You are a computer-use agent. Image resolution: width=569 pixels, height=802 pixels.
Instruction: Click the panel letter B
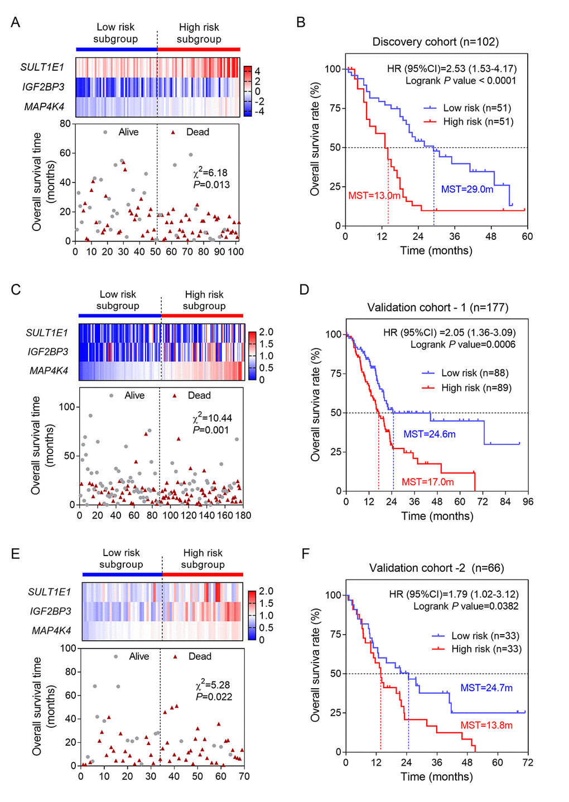pyautogui.click(x=301, y=22)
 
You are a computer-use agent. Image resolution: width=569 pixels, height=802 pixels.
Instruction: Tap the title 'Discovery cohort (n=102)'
pyautogui.click(x=436, y=42)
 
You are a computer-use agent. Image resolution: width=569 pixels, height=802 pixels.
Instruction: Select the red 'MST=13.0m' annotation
pyautogui.click(x=374, y=196)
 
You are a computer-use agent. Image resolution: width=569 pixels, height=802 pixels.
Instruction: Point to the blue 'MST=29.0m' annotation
pyautogui.click(x=467, y=190)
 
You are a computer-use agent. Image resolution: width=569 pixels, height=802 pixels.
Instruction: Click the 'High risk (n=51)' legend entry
pyautogui.click(x=478, y=122)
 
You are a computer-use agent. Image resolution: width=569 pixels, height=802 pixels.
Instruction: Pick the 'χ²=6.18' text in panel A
pyautogui.click(x=210, y=173)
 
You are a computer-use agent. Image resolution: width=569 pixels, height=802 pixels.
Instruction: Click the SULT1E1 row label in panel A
pyautogui.click(x=42, y=67)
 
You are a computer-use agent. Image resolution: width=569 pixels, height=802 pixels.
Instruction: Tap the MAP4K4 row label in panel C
pyautogui.click(x=49, y=370)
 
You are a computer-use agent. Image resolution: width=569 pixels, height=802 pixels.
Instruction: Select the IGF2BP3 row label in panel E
pyautogui.click(x=51, y=611)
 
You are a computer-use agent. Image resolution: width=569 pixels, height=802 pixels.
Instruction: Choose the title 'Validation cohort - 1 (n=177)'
pyautogui.click(x=438, y=307)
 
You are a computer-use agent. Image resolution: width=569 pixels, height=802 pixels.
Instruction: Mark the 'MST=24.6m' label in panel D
pyautogui.click(x=430, y=434)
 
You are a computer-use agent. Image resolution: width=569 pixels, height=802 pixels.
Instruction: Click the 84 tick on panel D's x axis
pyautogui.click(x=505, y=502)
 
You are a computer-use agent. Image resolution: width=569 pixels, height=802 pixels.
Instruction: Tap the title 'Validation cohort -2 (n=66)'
pyautogui.click(x=436, y=568)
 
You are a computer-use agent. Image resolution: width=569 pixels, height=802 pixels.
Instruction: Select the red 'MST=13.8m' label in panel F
pyautogui.click(x=486, y=725)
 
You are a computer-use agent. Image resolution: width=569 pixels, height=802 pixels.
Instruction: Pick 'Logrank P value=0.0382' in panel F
pyautogui.click(x=466, y=606)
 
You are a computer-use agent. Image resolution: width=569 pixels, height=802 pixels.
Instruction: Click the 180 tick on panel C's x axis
pyautogui.click(x=243, y=515)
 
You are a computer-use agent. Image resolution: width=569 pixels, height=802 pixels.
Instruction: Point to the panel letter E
pyautogui.click(x=16, y=553)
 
